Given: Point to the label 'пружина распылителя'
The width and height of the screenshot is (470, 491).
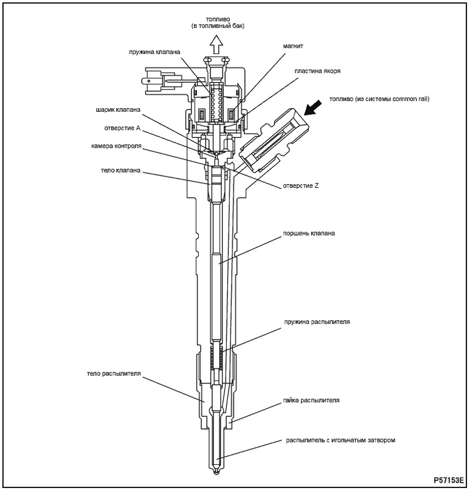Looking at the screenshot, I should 316,320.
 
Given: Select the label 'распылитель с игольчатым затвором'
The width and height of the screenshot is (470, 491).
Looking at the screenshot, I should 340,439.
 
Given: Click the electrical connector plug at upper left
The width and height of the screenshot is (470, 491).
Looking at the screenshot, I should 150,81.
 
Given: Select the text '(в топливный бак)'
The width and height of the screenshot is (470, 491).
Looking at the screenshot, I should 216,26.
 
